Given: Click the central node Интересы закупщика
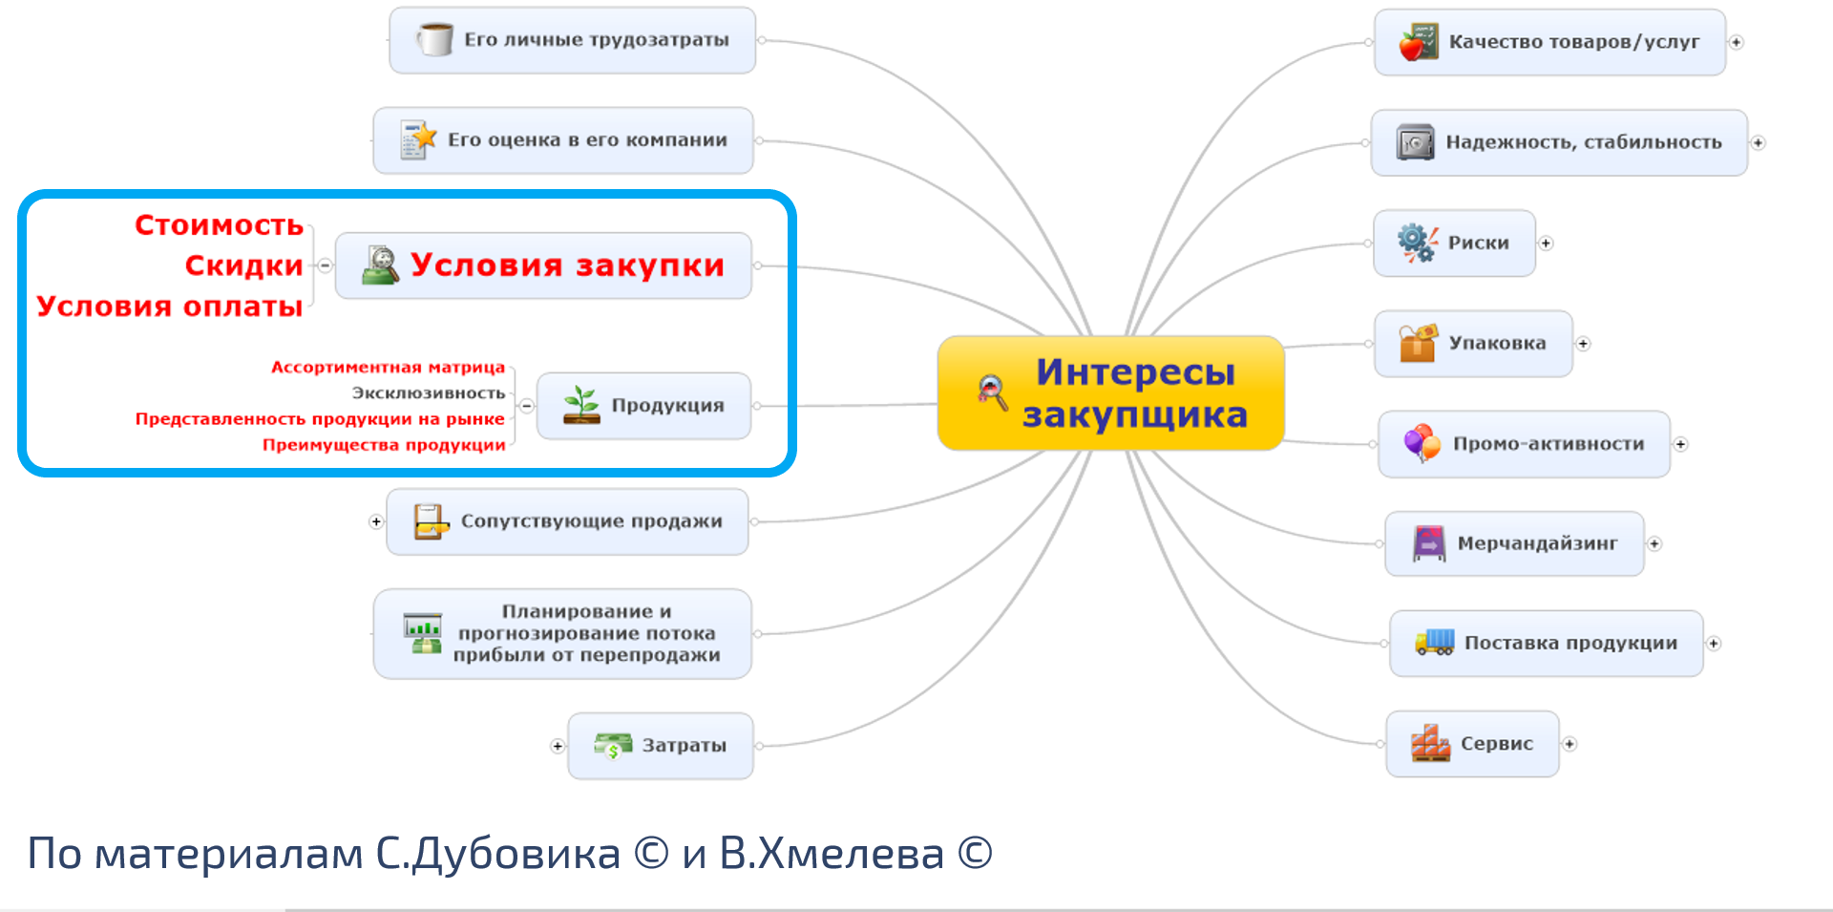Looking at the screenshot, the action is (1111, 392).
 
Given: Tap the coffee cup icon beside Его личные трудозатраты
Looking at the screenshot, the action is (435, 39).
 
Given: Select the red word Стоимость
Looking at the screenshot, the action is (219, 224).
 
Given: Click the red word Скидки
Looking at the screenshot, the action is (243, 265).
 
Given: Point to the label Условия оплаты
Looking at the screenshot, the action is (170, 306).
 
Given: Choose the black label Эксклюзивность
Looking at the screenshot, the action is (429, 392).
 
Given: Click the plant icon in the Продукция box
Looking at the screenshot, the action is (581, 405).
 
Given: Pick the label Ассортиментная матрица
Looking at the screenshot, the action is (388, 367).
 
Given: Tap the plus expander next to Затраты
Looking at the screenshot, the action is (558, 746).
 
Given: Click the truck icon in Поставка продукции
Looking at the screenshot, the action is (1434, 642).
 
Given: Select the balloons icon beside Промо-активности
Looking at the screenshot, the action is (1422, 443).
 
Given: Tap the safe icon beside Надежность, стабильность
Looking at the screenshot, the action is (1415, 142).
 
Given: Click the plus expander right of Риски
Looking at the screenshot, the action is (1546, 244).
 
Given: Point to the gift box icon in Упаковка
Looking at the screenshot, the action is (1418, 343).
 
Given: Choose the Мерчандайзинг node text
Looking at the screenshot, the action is (1537, 543).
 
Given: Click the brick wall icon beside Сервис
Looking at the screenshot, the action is (1430, 743).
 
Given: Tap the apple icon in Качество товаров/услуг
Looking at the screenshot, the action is (1418, 42).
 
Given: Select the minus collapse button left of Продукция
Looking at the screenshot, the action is (526, 406).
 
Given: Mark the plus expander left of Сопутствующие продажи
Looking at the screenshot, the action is (376, 521).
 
